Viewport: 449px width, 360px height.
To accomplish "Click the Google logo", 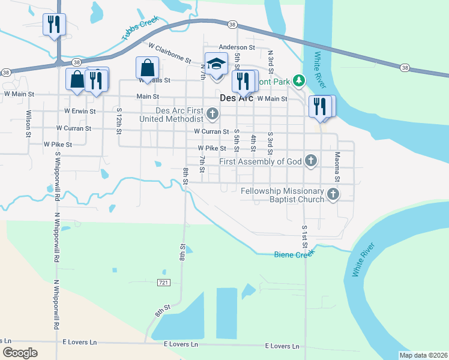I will [20, 353].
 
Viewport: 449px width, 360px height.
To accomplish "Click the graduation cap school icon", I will [216, 63].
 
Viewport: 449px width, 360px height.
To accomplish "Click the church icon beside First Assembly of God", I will [310, 160].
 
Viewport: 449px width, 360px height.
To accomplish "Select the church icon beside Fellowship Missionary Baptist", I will [333, 194].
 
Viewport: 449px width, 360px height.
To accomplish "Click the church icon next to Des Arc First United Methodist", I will [212, 113].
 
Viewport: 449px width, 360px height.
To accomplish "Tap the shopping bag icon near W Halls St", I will [147, 68].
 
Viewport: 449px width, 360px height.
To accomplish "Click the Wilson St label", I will [28, 123].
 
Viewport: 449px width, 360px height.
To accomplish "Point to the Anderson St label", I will [237, 47].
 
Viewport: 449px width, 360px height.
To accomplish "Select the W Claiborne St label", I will [169, 53].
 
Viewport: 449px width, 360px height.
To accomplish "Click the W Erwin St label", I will [80, 111].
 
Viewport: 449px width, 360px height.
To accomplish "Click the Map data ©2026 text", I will [424, 355].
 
